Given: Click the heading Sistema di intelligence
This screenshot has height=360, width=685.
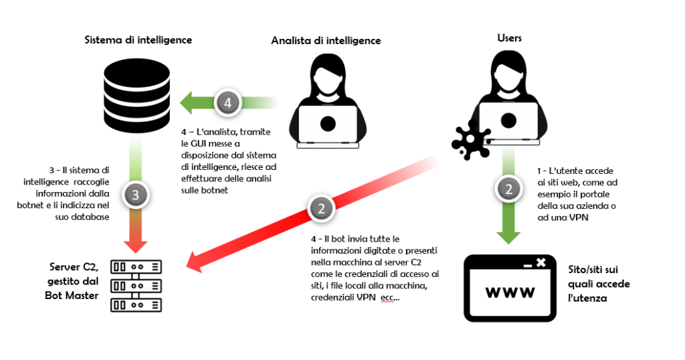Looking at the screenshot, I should tap(138, 40).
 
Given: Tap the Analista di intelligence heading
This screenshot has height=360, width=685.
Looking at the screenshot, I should tap(326, 41).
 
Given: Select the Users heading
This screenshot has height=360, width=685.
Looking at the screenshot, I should tap(509, 38).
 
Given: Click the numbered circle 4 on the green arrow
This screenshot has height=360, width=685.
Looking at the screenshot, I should tap(227, 103).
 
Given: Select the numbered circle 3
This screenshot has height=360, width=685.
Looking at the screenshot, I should tap(136, 195).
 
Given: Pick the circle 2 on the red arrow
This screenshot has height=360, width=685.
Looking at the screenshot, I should tap(321, 208).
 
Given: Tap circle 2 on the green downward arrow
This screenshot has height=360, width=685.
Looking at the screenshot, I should tap(508, 189).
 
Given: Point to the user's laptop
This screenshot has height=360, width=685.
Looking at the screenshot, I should tap(508, 120).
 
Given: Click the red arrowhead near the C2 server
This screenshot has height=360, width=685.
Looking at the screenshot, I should tap(195, 262).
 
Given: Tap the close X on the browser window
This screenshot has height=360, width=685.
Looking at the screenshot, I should tap(541, 262).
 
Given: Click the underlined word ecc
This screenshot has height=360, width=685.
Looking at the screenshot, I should tap(388, 298).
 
